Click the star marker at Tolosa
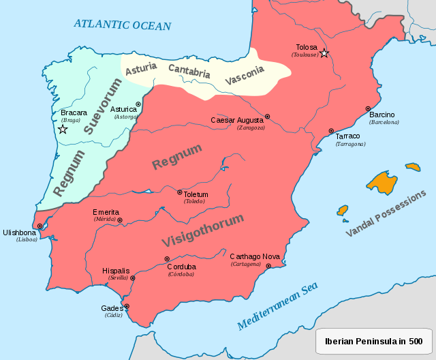coord(324,53)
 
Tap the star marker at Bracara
coord(63,129)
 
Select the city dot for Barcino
coord(368,108)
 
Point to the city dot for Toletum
coord(180,192)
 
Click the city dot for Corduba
coord(167,258)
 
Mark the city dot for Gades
coord(126,306)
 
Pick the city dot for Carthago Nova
coord(268,266)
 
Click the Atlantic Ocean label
coord(123,25)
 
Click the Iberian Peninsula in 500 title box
coord(373,341)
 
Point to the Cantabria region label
coord(189,71)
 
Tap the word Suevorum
coord(103,106)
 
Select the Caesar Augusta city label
coord(237,120)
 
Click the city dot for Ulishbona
coord(40,226)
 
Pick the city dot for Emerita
coord(120,220)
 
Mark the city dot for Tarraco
coord(331,131)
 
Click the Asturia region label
coord(141,67)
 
